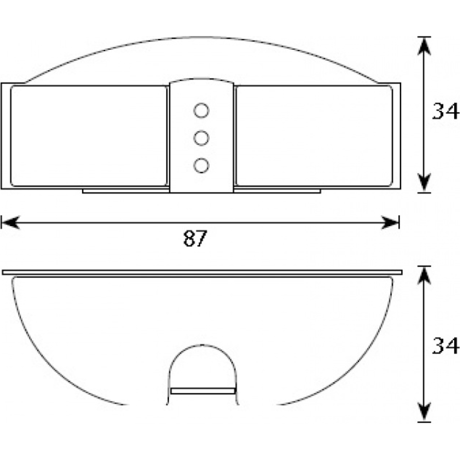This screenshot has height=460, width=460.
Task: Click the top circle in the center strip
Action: point(201,110)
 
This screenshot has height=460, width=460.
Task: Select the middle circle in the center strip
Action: point(201,138)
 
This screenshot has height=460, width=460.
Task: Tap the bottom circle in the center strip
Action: point(201,166)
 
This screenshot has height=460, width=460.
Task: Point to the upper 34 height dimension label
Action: point(445,111)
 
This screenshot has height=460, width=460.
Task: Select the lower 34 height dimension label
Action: point(445,346)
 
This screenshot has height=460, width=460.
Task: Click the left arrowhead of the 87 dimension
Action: point(10,222)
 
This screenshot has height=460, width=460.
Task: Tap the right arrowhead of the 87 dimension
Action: point(390,222)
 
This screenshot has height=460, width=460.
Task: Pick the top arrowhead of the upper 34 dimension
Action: point(424,46)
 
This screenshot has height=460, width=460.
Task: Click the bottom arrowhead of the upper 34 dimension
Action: point(424,182)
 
